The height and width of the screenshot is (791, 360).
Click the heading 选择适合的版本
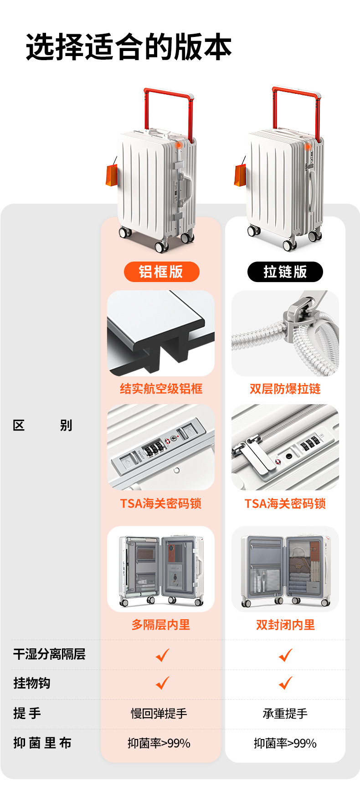coord(129,46)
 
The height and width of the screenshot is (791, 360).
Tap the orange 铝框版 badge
coord(161,272)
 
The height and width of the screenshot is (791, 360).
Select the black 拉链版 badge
coord(285,272)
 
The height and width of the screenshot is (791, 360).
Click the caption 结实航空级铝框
coord(161,389)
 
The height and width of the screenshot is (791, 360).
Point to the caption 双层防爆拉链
coord(285,389)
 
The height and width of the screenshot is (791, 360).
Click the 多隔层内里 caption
coord(161,625)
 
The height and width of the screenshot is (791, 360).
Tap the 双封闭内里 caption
coord(285,625)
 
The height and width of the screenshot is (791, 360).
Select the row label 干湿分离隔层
coord(49,654)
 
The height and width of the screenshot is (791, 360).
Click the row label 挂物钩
coord(32,683)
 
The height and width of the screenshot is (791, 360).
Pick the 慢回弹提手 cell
coord(159,714)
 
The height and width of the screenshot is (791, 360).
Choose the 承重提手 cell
coord(285,714)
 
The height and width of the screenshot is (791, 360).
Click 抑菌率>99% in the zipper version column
coord(285,744)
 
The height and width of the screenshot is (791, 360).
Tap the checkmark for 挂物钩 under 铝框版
coord(162,683)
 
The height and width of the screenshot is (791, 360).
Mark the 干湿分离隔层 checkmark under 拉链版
coord(286,655)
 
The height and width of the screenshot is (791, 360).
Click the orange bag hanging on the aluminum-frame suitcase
coord(111,175)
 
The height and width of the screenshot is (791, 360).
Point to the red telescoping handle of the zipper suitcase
coord(297,94)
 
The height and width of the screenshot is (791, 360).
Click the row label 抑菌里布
coord(42,743)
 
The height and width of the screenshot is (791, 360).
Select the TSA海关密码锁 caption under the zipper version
coord(285,503)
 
